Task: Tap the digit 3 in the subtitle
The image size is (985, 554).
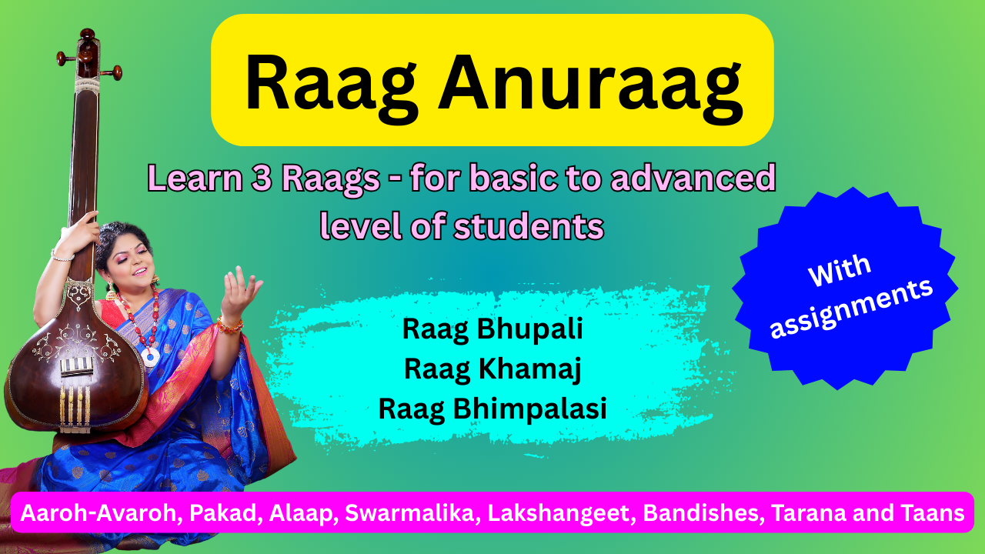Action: click(x=262, y=178)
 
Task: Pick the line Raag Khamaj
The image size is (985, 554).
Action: click(x=492, y=370)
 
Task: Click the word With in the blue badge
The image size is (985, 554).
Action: click(x=840, y=270)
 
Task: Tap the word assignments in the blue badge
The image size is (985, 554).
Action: click(x=851, y=309)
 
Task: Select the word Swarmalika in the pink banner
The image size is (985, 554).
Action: click(x=412, y=513)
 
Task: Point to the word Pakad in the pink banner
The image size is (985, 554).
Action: click(x=223, y=513)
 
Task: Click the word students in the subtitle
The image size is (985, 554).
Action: click(x=529, y=226)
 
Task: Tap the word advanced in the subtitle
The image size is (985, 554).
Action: click(x=693, y=178)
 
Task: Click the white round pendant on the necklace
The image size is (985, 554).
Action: click(x=150, y=357)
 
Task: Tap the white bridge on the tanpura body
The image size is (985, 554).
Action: click(x=76, y=367)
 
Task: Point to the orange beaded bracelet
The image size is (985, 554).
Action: click(x=229, y=326)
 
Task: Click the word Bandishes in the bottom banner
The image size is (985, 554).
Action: click(x=702, y=513)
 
